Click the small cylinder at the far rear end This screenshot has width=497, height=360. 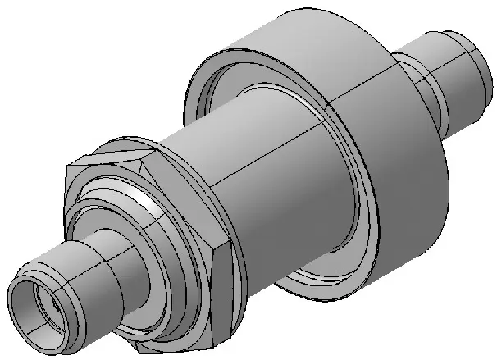coord(459,78)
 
